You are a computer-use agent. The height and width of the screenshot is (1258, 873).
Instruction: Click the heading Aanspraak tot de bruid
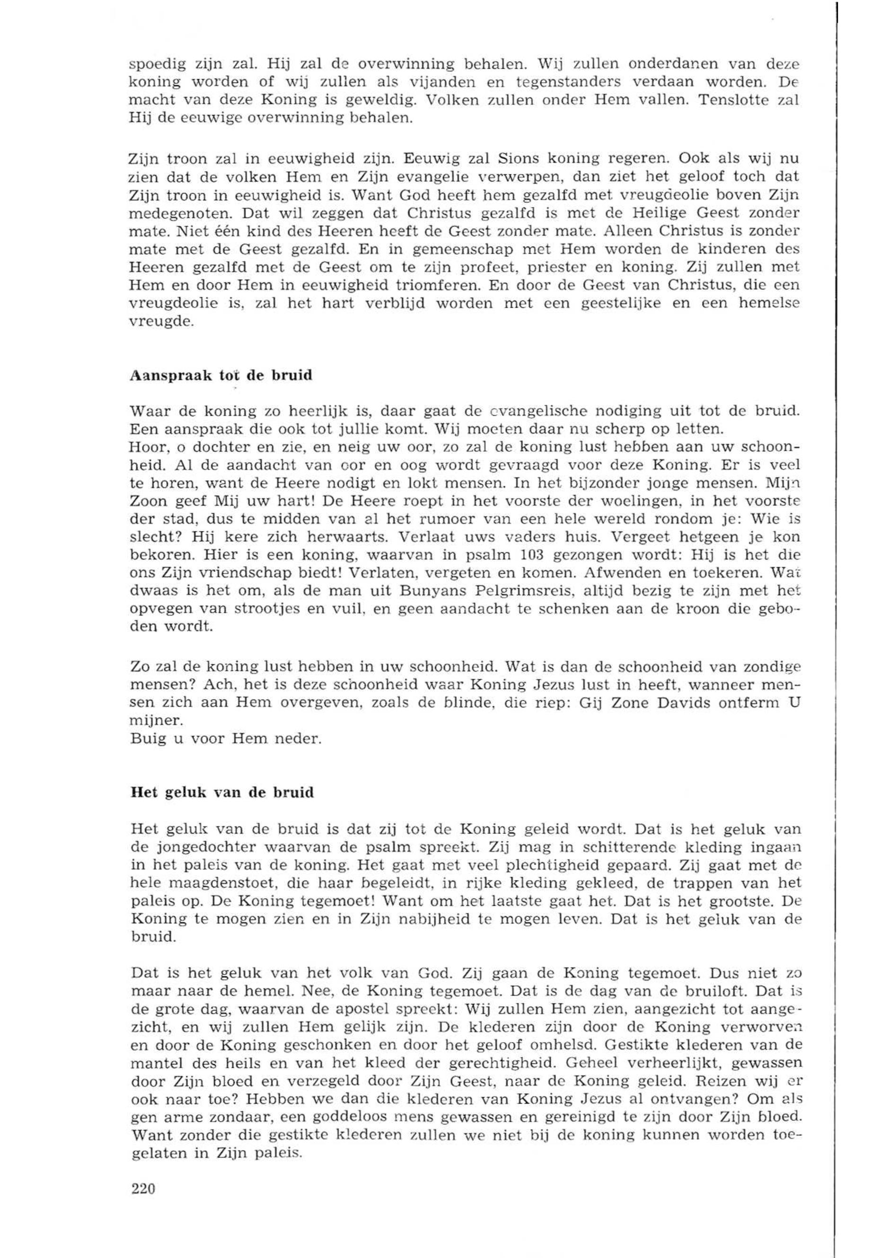[221, 376]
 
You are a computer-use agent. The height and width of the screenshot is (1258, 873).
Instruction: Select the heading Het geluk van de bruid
[222, 793]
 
